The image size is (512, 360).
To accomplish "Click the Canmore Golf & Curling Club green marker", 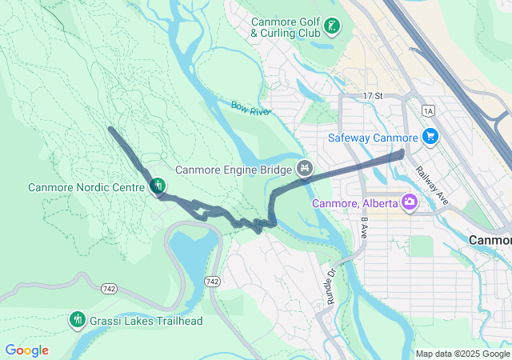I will click(x=330, y=28).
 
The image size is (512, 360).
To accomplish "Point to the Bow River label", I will click(x=250, y=108).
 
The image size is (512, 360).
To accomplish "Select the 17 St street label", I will click(x=373, y=96).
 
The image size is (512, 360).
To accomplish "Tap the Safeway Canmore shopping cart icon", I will click(x=430, y=137).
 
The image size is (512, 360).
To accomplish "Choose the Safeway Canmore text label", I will click(x=373, y=138).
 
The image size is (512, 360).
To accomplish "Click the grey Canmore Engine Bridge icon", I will click(x=304, y=169).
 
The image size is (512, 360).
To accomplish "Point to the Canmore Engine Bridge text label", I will click(x=233, y=170).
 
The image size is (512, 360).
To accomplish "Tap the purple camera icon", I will click(x=410, y=202).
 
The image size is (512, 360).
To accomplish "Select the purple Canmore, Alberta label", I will click(x=354, y=202).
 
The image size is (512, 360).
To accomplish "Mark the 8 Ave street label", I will click(x=363, y=229).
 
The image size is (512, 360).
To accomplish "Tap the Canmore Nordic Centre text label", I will click(x=86, y=188).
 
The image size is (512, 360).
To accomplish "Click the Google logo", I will click(x=26, y=350).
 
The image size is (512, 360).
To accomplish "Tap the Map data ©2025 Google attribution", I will click(x=462, y=354).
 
